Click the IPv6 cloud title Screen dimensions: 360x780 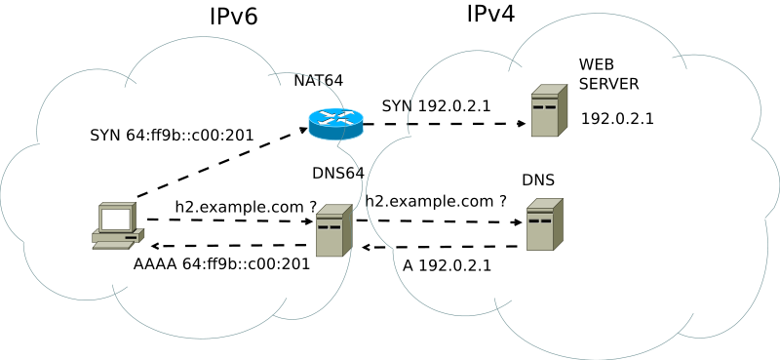[233, 17]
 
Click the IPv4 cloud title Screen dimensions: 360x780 [490, 14]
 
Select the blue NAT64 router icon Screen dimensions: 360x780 [335, 122]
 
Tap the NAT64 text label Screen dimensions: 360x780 [319, 81]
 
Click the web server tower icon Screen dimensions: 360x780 [549, 110]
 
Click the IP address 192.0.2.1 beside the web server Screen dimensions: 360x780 [617, 119]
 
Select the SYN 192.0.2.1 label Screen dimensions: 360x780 [436, 105]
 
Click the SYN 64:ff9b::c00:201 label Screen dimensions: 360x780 [172, 135]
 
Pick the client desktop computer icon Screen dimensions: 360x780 [117, 226]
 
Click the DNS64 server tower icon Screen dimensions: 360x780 [332, 230]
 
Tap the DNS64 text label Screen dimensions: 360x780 [337, 174]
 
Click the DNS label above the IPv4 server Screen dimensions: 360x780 [538, 180]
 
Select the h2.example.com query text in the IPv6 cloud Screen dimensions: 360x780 [246, 207]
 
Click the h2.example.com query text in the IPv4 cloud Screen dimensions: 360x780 [436, 201]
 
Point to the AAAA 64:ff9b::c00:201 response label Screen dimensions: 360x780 [221, 263]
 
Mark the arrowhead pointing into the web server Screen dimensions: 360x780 [522, 125]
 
